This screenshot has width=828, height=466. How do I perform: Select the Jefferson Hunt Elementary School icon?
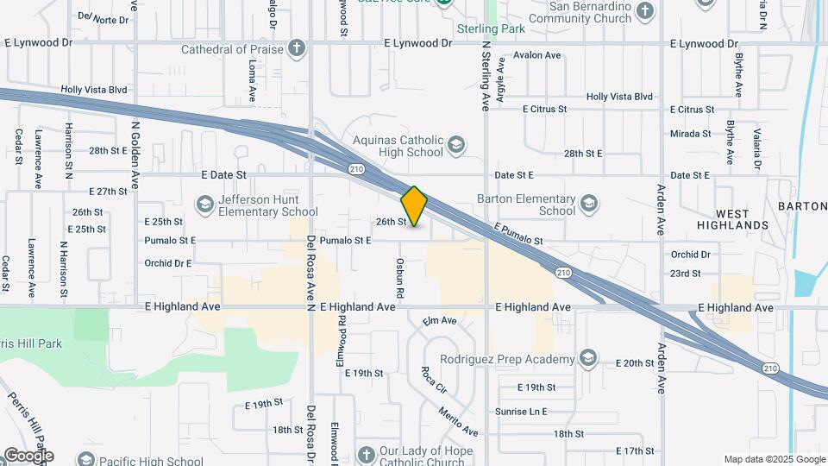204,205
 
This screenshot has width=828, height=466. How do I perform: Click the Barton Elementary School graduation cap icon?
588,204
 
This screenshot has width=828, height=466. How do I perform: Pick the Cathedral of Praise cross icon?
297,48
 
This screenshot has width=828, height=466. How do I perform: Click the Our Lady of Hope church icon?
366,454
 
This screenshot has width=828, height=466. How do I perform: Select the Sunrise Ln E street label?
521,412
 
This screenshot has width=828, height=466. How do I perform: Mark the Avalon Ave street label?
536,55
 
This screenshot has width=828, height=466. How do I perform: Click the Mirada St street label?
691,134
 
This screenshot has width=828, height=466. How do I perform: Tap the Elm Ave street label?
440,321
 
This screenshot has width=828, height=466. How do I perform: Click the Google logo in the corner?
28,455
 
